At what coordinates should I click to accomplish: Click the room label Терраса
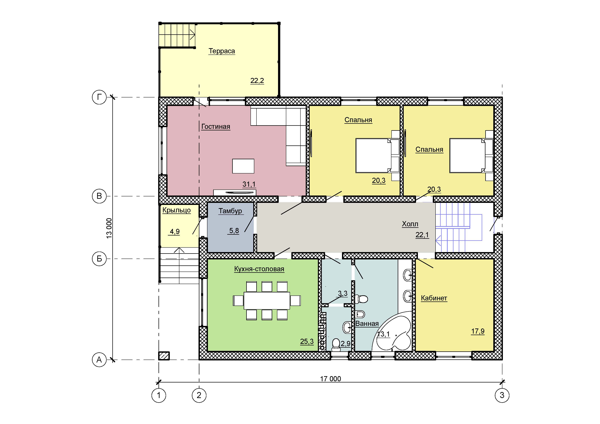click(222, 51)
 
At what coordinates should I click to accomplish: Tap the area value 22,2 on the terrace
click(257, 81)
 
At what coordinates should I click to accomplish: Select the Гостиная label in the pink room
click(216, 127)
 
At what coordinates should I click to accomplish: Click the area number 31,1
click(249, 184)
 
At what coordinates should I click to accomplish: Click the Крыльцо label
click(176, 210)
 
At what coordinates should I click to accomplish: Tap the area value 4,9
click(175, 231)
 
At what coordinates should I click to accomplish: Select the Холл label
click(410, 224)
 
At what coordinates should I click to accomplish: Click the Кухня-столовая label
click(259, 269)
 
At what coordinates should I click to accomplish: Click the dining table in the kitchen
click(267, 301)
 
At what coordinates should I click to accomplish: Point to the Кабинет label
click(434, 298)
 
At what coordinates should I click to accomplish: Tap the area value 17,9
click(478, 331)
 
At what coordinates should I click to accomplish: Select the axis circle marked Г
click(99, 97)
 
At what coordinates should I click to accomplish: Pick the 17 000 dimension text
click(331, 379)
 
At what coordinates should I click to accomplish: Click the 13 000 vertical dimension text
click(109, 228)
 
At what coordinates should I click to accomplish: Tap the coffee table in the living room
click(243, 166)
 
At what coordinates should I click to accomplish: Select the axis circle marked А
click(99, 360)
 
